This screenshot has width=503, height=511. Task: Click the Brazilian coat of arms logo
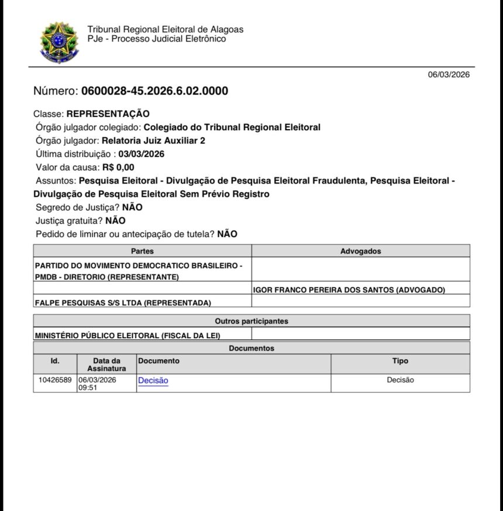58,42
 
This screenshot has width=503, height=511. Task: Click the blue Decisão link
153,380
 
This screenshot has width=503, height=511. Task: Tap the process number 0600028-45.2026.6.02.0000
154,91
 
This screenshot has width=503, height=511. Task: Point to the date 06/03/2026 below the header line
449,75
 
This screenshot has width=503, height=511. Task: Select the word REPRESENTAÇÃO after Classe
108,113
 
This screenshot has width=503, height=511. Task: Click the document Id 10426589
55,380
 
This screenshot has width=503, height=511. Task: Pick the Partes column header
142,251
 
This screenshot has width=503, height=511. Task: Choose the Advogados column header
360,251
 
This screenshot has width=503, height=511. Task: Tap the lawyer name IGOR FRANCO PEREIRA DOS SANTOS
349,290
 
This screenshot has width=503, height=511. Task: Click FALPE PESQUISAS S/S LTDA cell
123,302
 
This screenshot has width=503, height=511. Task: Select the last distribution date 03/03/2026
141,154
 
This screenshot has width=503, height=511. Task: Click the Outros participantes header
251,321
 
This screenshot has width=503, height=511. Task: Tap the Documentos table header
251,348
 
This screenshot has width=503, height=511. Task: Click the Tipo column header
400,361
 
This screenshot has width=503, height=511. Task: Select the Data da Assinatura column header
106,364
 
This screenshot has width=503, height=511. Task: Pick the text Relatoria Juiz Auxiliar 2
153,141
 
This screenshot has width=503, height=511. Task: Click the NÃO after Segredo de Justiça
132,207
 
